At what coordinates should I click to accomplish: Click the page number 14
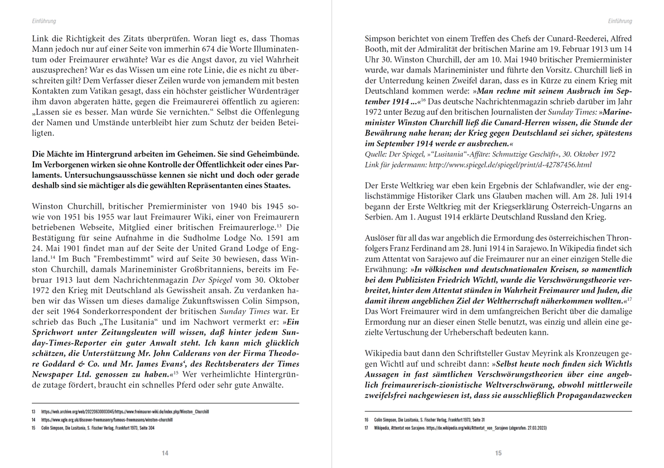(165, 453)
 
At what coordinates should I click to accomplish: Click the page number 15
(498, 453)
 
